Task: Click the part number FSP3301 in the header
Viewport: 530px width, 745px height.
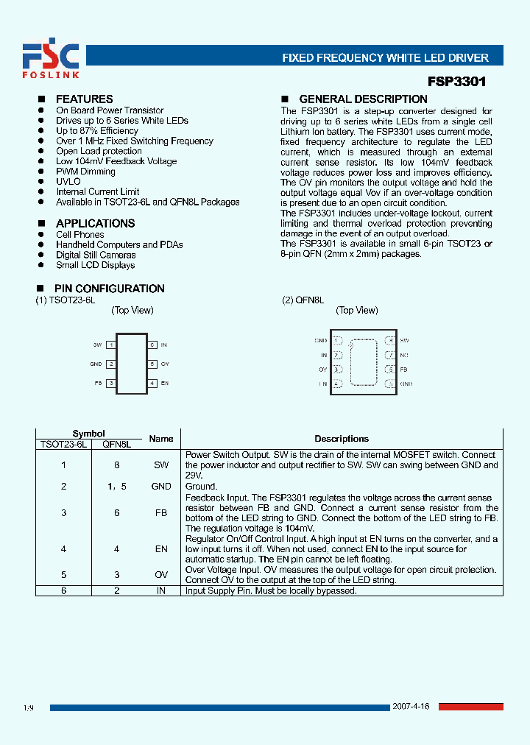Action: coord(456,82)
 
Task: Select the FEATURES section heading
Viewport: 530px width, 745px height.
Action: coord(84,99)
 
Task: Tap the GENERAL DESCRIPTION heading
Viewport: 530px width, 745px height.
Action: coord(363,99)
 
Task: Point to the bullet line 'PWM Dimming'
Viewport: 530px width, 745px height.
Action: coord(85,172)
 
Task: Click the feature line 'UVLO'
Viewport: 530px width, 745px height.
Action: coord(68,182)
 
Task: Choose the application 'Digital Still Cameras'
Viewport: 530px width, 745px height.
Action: coord(96,255)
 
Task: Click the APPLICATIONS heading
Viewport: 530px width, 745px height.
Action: coord(95,224)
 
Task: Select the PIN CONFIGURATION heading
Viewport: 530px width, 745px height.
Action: coord(109,289)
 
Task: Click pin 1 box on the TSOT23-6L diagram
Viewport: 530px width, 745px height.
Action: coord(110,345)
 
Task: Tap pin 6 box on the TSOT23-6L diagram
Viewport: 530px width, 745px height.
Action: coord(152,345)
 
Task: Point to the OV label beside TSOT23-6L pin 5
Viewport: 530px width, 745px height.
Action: coord(165,364)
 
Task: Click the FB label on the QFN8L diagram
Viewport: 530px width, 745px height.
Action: coord(403,369)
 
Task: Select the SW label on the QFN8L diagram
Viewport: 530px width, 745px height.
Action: coord(404,341)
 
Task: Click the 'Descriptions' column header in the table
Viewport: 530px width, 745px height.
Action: coord(342,439)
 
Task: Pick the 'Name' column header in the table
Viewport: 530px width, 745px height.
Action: coord(161,439)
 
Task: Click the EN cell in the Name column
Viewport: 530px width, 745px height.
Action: coord(161,549)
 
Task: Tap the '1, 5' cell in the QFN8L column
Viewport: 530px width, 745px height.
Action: coord(116,487)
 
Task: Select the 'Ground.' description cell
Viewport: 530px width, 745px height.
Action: coord(201,487)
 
